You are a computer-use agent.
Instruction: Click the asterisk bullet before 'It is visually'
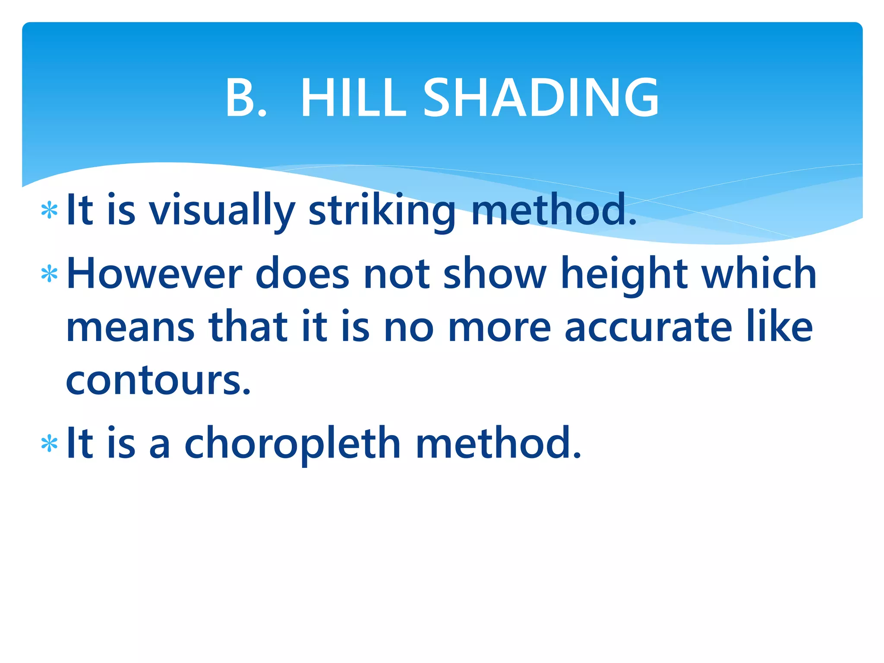[49, 211]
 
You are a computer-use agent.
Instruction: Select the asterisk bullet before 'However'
[49, 275]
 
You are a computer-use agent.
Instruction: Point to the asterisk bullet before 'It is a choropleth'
[49, 444]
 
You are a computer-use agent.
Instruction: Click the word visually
[222, 211]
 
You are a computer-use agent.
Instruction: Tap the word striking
[382, 211]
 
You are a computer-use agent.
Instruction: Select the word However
[155, 274]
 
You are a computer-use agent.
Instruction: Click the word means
[130, 327]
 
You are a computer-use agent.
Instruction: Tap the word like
[780, 327]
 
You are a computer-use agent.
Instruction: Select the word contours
[158, 381]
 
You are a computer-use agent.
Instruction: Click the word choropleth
[293, 444]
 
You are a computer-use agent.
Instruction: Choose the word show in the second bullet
[495, 274]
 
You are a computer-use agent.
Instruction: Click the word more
[500, 327]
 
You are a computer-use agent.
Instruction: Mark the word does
[302, 274]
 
